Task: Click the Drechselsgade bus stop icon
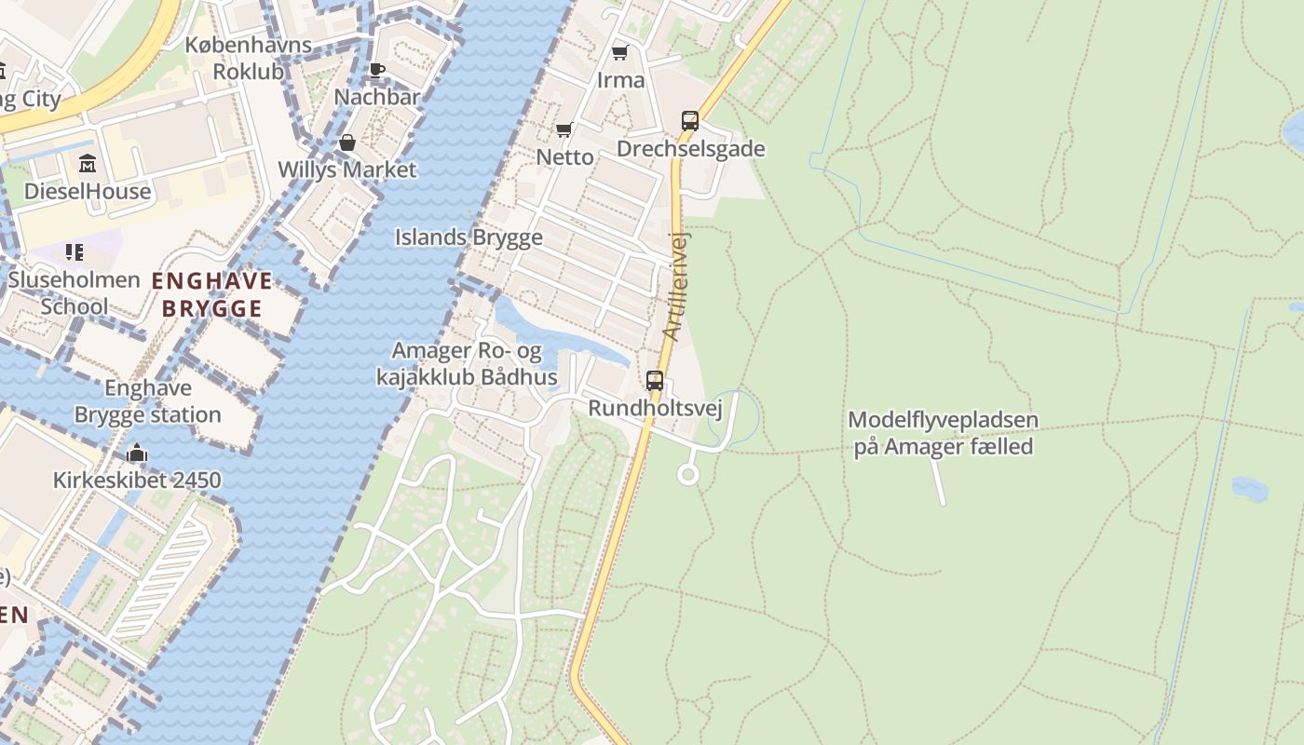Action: [689, 120]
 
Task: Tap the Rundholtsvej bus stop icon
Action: [655, 380]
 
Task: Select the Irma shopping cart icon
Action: [619, 52]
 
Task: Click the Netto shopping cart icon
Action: [564, 129]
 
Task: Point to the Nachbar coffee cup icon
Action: [376, 70]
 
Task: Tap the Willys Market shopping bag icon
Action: [346, 142]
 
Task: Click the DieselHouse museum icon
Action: [88, 163]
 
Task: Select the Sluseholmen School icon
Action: [75, 251]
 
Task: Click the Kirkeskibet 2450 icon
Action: [137, 454]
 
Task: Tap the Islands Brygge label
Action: [469, 237]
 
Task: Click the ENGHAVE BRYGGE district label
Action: [212, 294]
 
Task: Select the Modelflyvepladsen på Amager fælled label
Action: [943, 433]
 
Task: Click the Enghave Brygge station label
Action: [148, 401]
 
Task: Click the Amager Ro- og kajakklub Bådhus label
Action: [467, 364]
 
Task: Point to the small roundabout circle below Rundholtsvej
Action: [687, 475]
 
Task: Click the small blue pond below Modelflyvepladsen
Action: [1249, 488]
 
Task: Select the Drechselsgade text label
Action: [690, 149]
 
